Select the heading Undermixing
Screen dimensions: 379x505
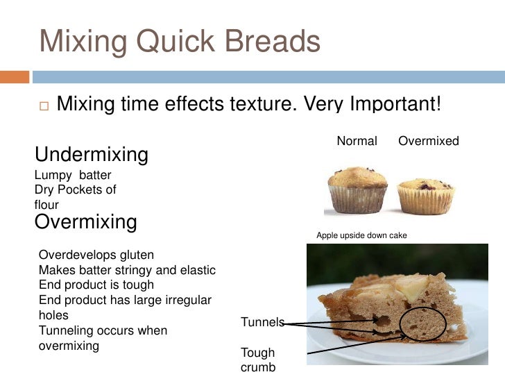click(x=91, y=154)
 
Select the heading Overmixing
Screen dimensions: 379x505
click(x=85, y=221)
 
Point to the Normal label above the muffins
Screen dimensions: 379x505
click(x=357, y=141)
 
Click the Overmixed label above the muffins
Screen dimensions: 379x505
click(x=429, y=141)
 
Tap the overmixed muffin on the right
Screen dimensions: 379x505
click(x=425, y=194)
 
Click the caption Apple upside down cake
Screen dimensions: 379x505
click(x=361, y=236)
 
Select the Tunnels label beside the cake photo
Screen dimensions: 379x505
click(x=262, y=322)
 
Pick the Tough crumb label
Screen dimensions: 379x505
click(x=258, y=360)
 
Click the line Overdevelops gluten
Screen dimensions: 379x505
click(x=96, y=255)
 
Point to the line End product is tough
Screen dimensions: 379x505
click(x=96, y=285)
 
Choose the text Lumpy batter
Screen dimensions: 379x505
click(x=72, y=176)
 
